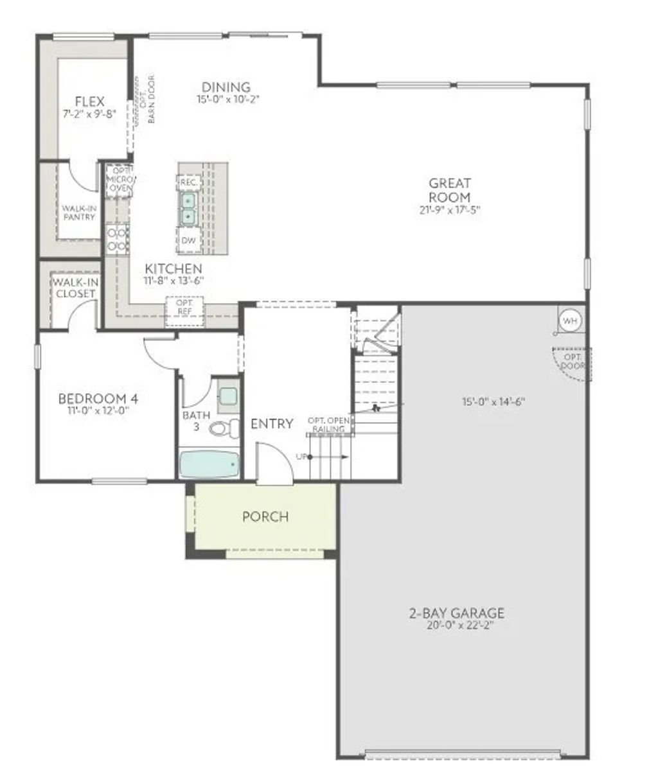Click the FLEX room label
coord(89,101)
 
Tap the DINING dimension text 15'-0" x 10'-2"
coord(227,100)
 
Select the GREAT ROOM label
coord(450,190)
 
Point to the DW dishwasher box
coord(189,240)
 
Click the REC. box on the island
coord(189,182)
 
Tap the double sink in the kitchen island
coord(188,209)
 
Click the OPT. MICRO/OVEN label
coord(120,179)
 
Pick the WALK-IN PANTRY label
coord(79,213)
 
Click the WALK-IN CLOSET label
coord(75,288)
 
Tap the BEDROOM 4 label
coord(98,398)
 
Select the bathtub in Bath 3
coord(209,464)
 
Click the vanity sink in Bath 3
coord(227,394)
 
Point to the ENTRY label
coord(271,424)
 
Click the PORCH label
coord(265,516)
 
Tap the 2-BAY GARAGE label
coord(456,613)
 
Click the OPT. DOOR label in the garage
coord(572,361)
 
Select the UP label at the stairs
coord(301,457)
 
